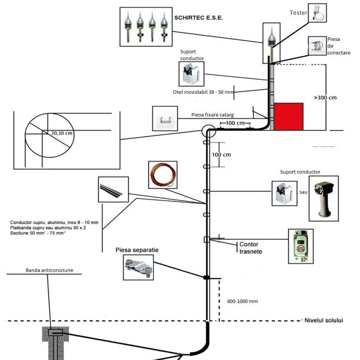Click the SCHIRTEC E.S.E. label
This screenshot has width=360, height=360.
click(x=198, y=18)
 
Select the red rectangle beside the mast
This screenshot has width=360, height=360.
click(x=288, y=116)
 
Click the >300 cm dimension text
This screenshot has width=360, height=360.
click(x=325, y=98)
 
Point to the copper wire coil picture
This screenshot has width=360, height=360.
click(x=163, y=174)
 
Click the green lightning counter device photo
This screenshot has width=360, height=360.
click(x=301, y=246)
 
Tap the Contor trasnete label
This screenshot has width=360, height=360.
click(x=251, y=248)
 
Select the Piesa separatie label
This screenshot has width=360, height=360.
click(x=137, y=250)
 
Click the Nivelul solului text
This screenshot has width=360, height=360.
click(x=324, y=320)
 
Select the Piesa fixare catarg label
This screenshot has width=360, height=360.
click(x=213, y=115)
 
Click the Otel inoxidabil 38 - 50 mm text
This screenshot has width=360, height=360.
click(x=203, y=92)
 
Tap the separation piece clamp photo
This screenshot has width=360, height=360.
click(x=138, y=267)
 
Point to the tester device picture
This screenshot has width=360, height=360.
click(x=317, y=13)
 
